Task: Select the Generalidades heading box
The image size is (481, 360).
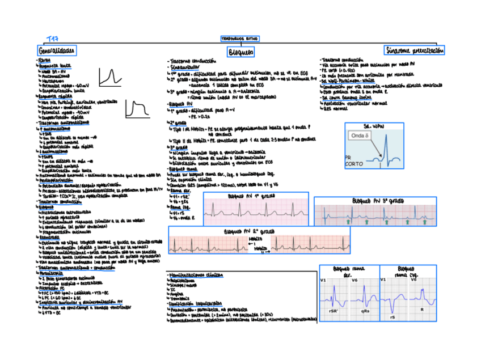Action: [57, 51]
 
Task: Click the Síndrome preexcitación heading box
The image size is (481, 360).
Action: [415, 50]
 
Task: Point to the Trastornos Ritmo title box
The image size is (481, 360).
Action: [237, 39]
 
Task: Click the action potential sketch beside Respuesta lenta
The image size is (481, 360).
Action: [110, 77]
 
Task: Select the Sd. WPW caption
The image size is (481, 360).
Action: [374, 125]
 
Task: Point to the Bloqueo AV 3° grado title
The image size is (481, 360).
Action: [378, 201]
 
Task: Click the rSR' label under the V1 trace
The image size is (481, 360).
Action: [334, 311]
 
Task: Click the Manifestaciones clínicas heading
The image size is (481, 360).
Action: [195, 274]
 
